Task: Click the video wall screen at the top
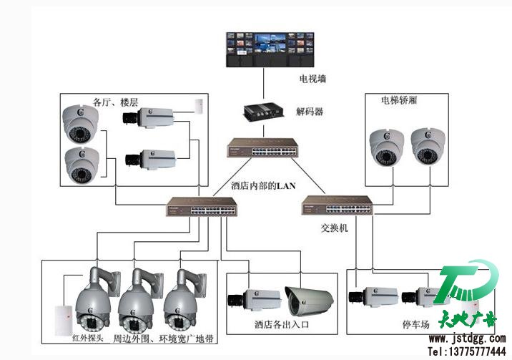(x=266, y=49)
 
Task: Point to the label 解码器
(x=310, y=112)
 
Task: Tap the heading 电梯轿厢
(x=399, y=101)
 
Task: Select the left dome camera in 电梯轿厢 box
(x=387, y=147)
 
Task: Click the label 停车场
(x=415, y=324)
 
